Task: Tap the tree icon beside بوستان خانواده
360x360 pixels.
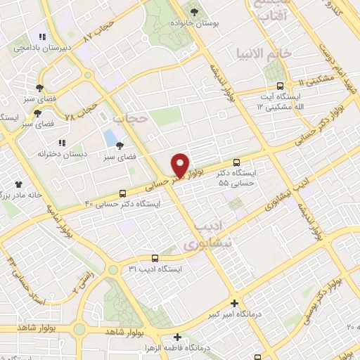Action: click(195, 12)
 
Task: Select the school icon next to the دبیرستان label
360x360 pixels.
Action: click(41, 37)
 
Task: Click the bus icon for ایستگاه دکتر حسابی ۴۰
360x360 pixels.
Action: click(124, 192)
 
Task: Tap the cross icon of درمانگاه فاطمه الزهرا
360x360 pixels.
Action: click(178, 337)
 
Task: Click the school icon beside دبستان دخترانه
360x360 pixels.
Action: click(62, 143)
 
